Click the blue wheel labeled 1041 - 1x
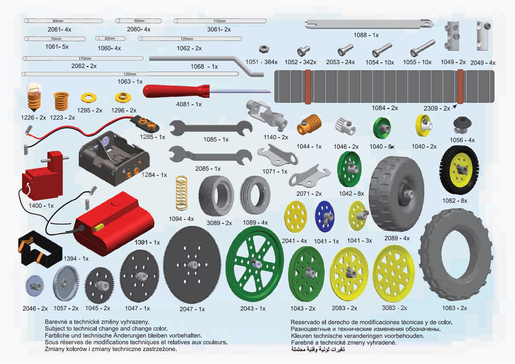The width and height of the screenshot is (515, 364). (325, 215)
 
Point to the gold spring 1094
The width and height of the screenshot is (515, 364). (182, 194)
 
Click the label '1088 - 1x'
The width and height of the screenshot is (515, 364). (366, 35)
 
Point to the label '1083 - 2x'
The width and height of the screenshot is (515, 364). (454, 308)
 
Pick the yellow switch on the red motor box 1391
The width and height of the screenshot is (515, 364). (99, 226)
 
